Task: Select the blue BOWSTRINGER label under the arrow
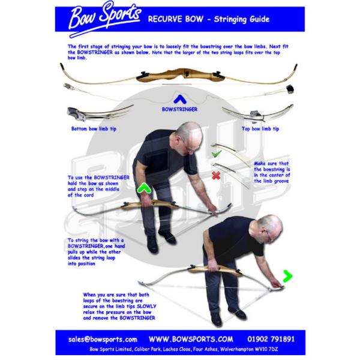179,110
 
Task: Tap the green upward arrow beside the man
144,190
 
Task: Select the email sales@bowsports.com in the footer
103,339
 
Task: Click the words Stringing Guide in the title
241,19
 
